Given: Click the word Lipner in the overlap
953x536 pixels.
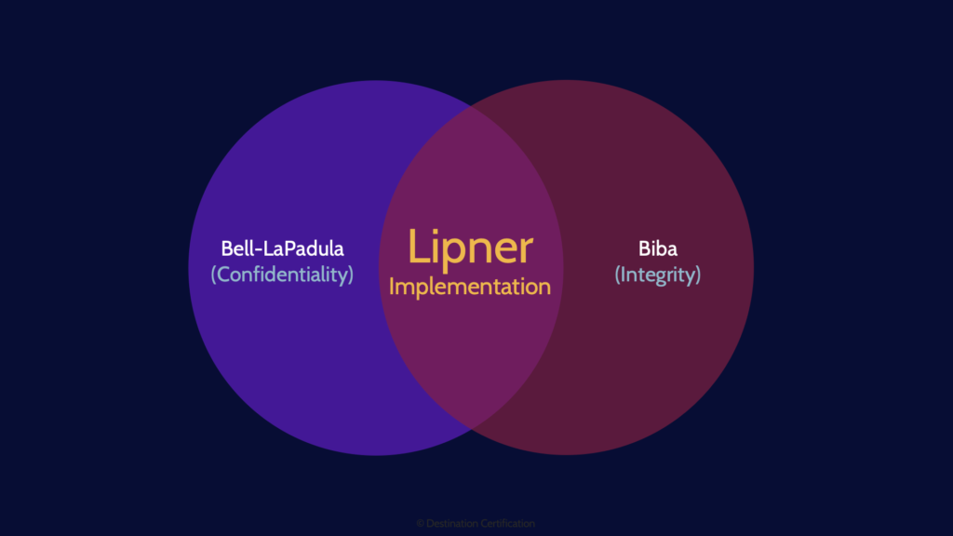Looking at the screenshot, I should tap(470, 248).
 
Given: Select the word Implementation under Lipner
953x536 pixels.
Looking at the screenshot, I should tap(470, 287).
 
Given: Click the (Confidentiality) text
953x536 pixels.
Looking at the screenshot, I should tap(282, 275).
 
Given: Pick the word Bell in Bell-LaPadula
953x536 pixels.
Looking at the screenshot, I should tap(237, 248).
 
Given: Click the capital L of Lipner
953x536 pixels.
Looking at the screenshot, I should tap(419, 248).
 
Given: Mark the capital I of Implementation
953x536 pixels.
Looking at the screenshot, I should tap(392, 287).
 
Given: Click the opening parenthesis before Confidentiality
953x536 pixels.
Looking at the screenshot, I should tap(213, 275).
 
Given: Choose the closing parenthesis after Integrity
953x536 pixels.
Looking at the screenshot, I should tap(697, 275).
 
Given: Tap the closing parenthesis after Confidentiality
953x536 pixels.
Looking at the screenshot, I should tap(351, 275).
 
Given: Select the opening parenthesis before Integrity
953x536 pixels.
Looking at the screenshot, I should tap(617, 275).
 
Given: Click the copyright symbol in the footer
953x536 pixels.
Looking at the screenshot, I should tap(420, 524).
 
